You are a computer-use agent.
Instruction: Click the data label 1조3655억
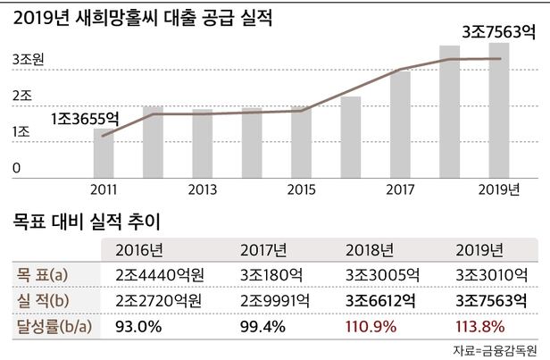(x=84, y=117)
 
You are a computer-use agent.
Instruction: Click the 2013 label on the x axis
(x=203, y=189)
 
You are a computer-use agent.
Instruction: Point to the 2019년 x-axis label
(x=498, y=189)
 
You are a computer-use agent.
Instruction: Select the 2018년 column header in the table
(x=366, y=249)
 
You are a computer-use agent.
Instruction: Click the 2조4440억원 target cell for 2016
(x=159, y=273)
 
